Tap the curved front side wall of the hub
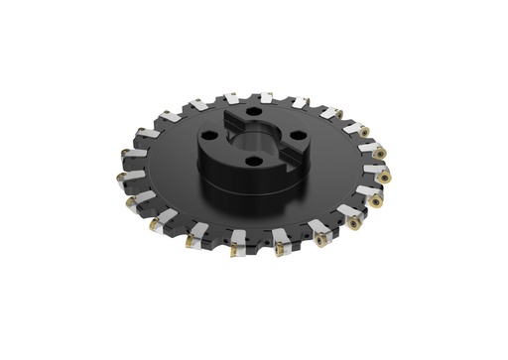(x=238, y=179)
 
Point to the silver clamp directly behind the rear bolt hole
(x=265, y=98)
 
